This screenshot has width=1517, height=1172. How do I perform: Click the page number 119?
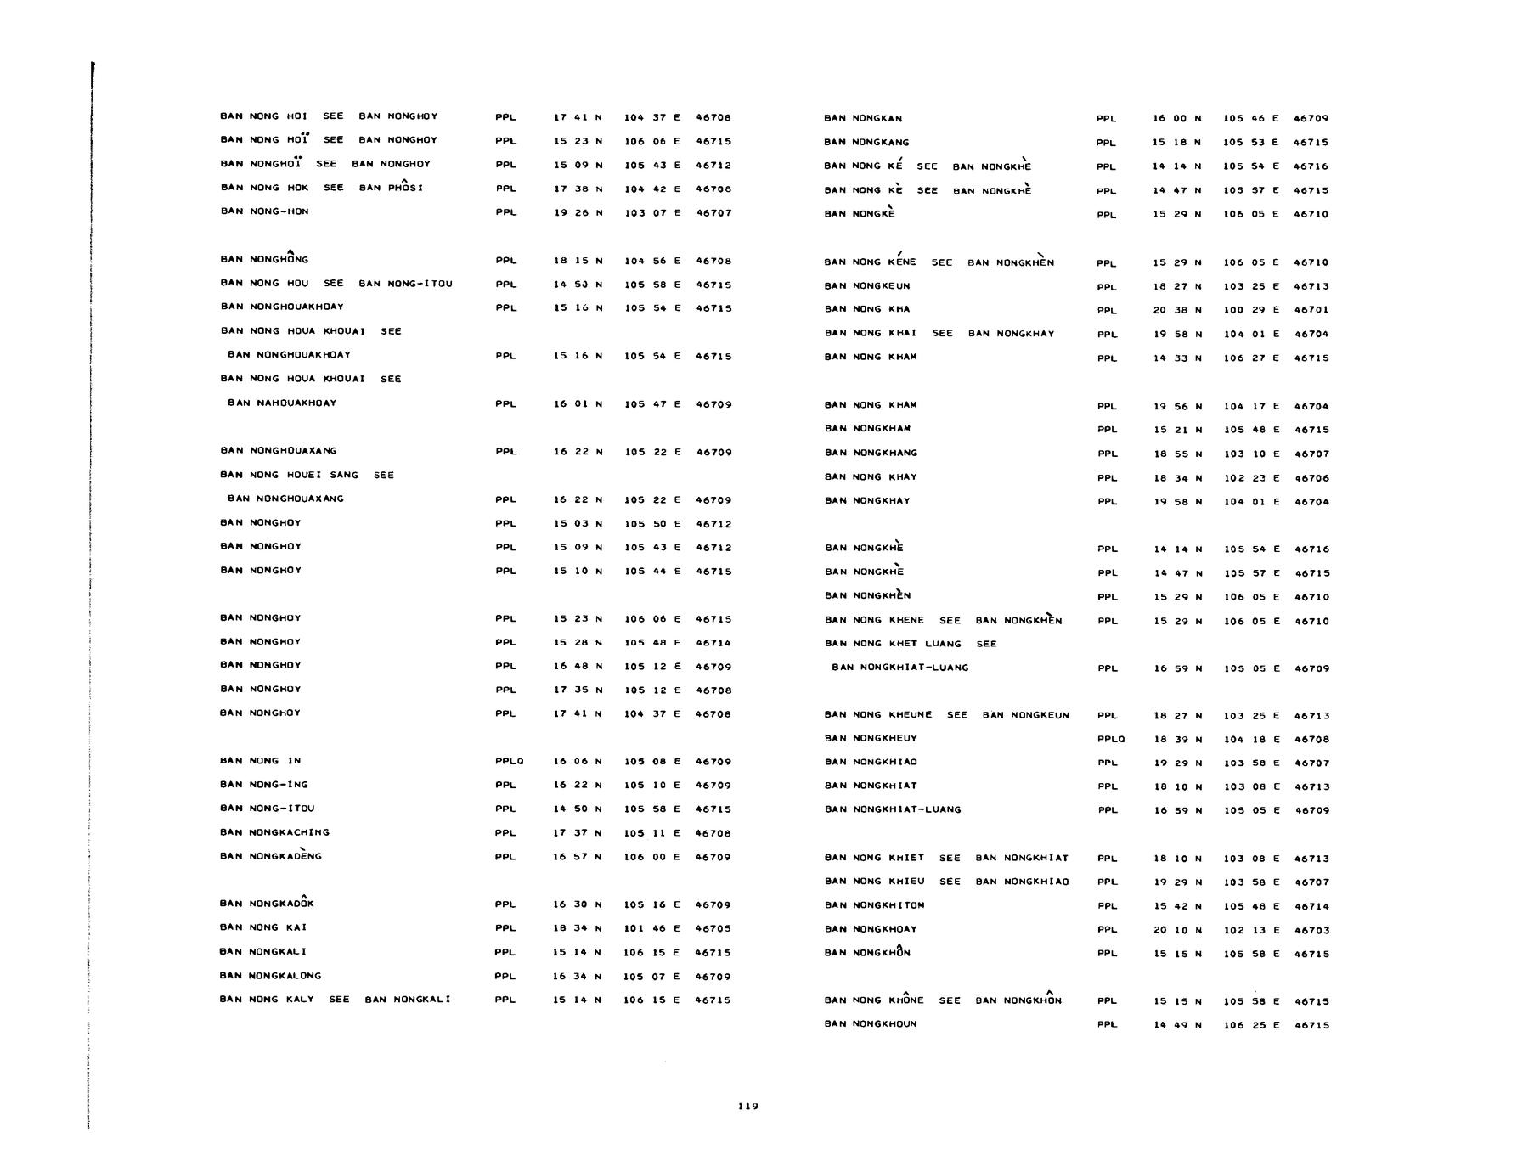point(747,1106)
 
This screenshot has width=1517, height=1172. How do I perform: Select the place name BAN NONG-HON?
point(264,211)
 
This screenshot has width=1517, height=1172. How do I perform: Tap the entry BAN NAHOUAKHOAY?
point(282,403)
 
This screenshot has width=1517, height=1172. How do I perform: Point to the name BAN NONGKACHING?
point(274,832)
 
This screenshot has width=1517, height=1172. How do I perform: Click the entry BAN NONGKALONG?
point(270,976)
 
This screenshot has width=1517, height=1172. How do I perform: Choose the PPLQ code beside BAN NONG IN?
point(509,762)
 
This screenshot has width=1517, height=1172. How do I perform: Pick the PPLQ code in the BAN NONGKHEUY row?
point(1111,740)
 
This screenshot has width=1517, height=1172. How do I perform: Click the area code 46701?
point(1311,310)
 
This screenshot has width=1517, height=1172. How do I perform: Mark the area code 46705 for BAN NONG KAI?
point(713,928)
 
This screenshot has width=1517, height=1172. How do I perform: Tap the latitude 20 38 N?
point(1176,310)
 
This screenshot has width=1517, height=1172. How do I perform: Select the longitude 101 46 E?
point(651,928)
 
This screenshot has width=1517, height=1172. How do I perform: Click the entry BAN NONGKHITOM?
point(874,905)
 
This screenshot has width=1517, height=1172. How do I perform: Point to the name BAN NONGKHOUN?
point(871,1024)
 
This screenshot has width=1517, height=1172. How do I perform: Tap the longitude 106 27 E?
point(1251,358)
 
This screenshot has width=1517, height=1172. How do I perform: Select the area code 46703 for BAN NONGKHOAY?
point(1311,930)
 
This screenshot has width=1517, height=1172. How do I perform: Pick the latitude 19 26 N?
point(578,212)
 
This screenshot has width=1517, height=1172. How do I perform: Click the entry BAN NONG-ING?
point(263,785)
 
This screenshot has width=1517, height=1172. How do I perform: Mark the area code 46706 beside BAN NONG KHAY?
point(1311,478)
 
